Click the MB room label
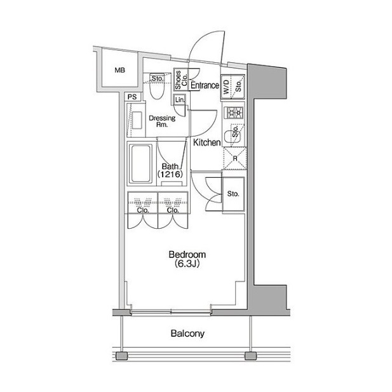[119, 71]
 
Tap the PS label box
[133, 97]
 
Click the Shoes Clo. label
[181, 79]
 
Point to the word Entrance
[205, 85]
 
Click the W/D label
[226, 87]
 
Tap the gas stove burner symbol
[234, 112]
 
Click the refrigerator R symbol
[234, 158]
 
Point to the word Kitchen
[206, 142]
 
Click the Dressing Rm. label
[162, 121]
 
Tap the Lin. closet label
[180, 100]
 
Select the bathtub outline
[140, 163]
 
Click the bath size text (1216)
[170, 174]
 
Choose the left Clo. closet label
[143, 210]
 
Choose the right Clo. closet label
[173, 210]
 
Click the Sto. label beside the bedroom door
[233, 194]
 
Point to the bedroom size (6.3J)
[187, 264]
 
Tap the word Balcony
[187, 334]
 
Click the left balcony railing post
[122, 356]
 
